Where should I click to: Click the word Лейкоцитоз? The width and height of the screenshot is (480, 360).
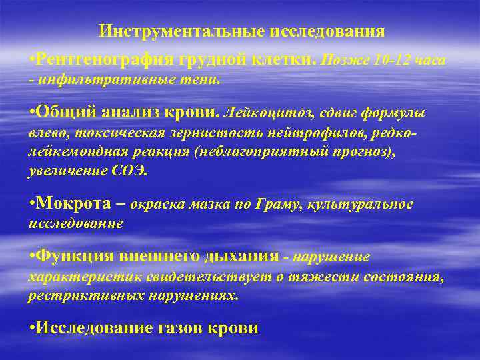click(259, 112)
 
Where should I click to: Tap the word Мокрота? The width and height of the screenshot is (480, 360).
click(73, 203)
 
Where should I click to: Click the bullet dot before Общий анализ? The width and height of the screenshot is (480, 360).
click(31, 111)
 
